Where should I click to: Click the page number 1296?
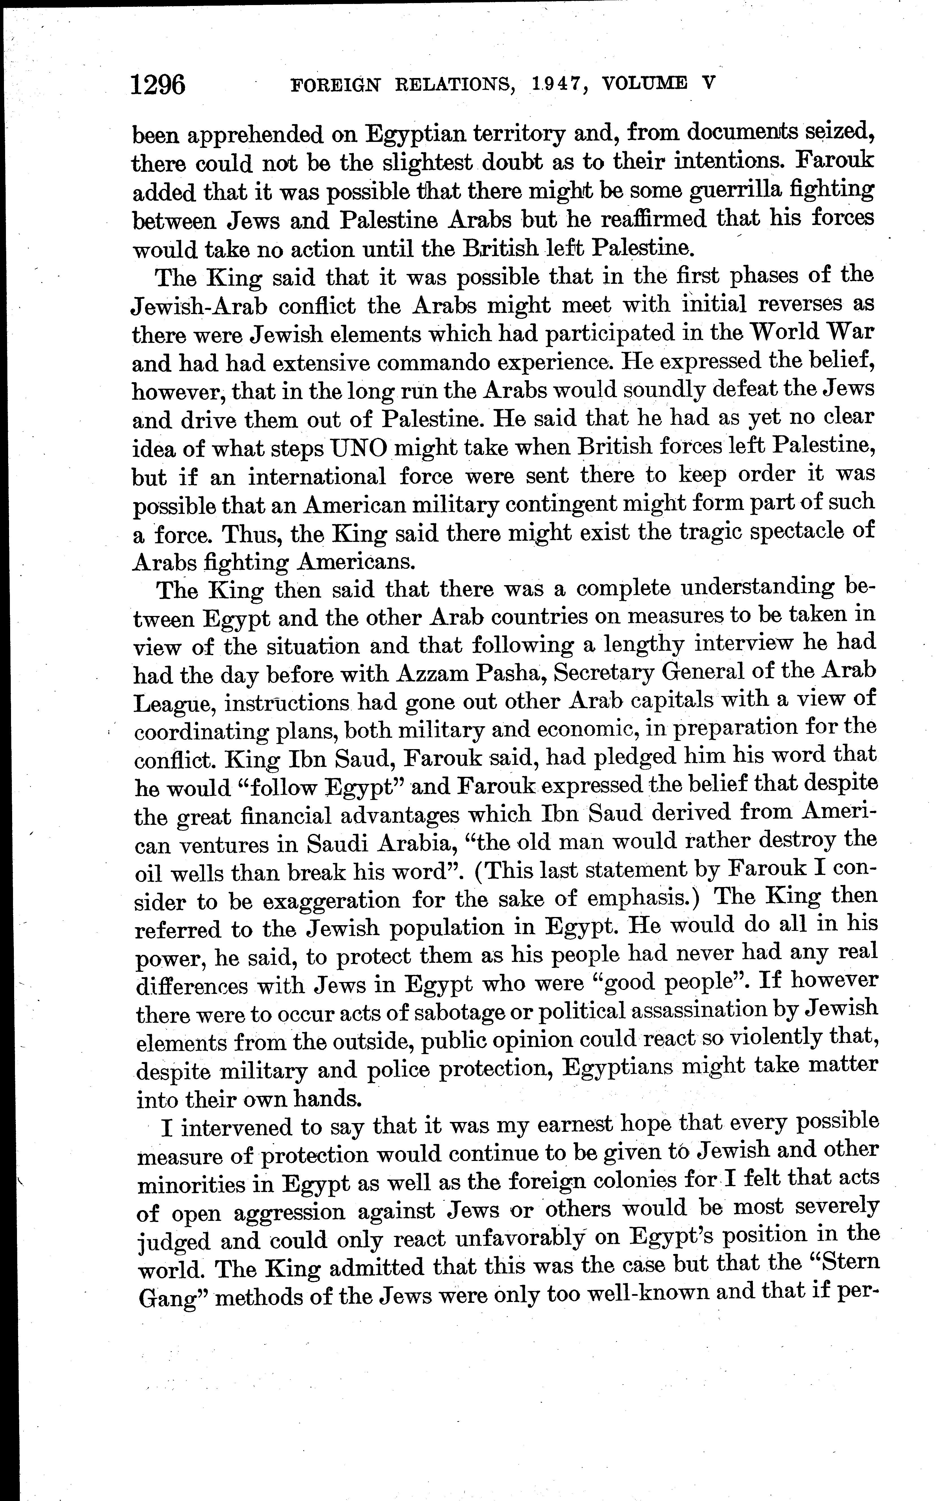tap(158, 85)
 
